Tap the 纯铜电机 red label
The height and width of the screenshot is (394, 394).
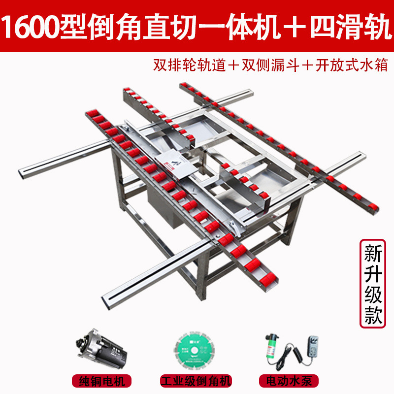click(102, 381)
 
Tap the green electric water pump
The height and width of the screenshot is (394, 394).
click(272, 347)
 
